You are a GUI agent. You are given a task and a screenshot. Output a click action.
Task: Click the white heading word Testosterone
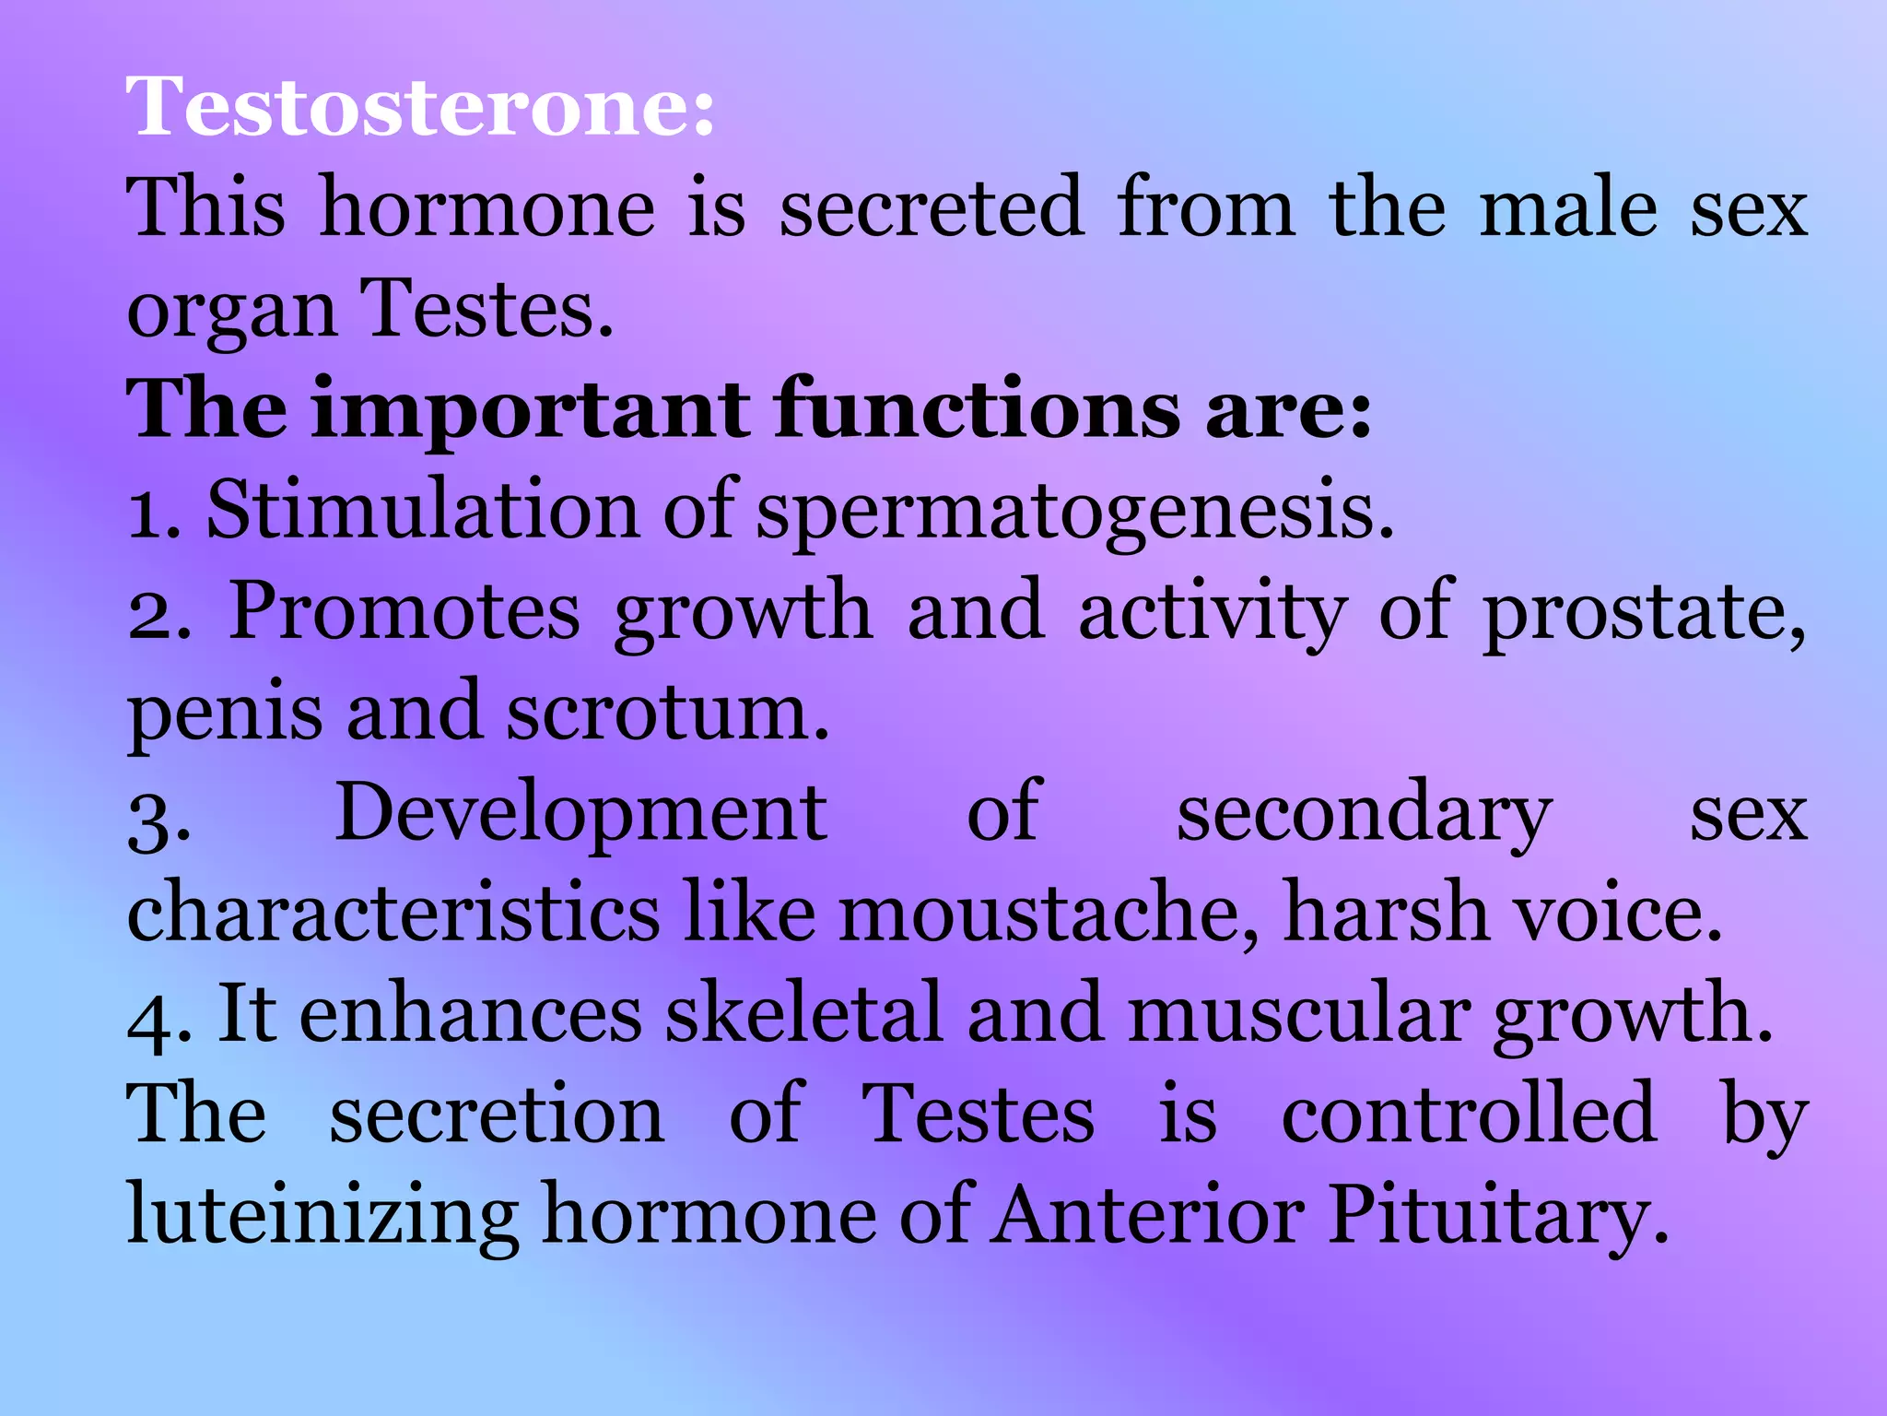click(x=419, y=108)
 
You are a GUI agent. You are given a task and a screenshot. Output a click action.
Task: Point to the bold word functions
click(x=977, y=409)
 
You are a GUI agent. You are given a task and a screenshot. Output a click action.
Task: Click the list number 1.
click(x=147, y=513)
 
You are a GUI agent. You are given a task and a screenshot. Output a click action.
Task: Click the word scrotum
click(x=667, y=714)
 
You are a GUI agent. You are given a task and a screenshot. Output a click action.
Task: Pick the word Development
click(x=580, y=815)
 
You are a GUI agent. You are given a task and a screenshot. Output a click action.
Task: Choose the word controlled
click(x=1469, y=1114)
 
